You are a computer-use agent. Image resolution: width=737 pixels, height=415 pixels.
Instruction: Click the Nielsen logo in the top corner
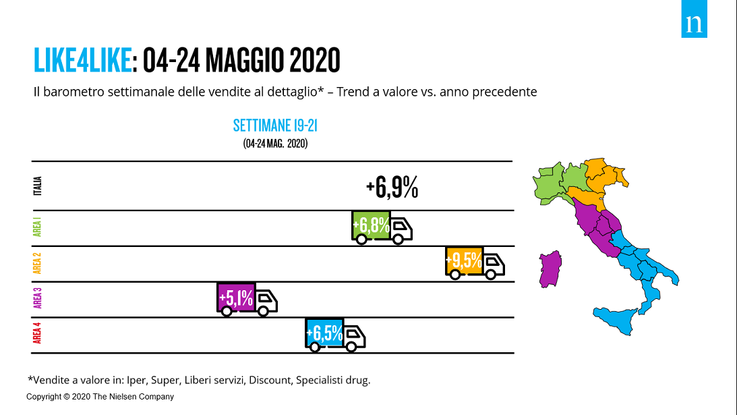(x=694, y=24)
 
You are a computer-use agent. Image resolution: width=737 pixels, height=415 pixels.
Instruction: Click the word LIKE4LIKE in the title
(x=82, y=61)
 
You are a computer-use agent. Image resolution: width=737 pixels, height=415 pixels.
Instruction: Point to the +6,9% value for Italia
(x=392, y=188)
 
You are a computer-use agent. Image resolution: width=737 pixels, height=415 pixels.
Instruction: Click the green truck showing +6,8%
(x=381, y=227)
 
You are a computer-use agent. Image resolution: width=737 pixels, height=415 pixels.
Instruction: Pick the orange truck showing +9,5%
(x=474, y=262)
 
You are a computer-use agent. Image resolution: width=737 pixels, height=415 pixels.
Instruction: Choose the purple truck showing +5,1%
(x=246, y=298)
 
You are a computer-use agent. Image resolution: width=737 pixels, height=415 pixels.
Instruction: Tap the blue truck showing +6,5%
(x=334, y=333)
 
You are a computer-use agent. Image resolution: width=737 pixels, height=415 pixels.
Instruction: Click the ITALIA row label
(x=38, y=186)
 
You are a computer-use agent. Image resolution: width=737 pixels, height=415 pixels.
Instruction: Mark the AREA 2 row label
(x=38, y=262)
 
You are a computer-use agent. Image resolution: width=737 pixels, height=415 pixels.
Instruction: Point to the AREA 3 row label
(x=38, y=298)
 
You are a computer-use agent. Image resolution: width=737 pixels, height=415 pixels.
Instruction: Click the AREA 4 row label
(x=38, y=333)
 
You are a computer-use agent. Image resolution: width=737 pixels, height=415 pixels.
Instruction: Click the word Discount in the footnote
(x=270, y=380)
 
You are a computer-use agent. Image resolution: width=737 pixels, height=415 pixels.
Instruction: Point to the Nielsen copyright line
(x=100, y=397)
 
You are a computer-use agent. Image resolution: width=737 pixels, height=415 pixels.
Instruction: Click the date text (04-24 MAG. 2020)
(x=275, y=143)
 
